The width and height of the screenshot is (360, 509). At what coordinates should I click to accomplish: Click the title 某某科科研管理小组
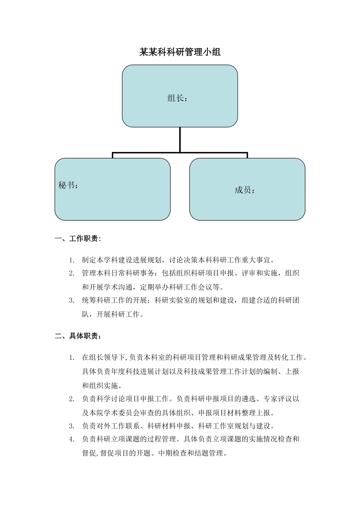coord(180,52)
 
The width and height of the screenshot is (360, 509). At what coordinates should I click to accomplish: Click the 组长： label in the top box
coord(178,98)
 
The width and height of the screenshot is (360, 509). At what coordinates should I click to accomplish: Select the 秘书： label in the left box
coord(69,185)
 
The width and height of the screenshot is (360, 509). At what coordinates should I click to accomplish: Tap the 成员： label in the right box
coord(245,190)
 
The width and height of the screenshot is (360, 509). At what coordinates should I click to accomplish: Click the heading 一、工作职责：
coord(78,239)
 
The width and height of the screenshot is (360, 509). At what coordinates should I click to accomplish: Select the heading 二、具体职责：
coord(78,336)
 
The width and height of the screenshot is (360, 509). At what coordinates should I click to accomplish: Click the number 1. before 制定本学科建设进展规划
coord(72,260)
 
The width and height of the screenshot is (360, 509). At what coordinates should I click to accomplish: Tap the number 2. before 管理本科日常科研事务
coord(72,273)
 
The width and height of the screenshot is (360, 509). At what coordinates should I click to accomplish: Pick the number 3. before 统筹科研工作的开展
coord(72,301)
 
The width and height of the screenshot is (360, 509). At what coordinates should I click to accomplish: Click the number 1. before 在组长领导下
coord(72,358)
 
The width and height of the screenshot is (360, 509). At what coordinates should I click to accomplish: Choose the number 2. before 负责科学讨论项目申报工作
coord(72,399)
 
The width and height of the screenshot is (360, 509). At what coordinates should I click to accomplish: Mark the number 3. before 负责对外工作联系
coord(72,426)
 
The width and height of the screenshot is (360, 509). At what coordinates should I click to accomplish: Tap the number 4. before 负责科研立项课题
coord(72,439)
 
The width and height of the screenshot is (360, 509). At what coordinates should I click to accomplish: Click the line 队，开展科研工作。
coord(113,314)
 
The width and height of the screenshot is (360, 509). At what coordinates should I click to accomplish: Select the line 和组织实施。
coord(102,386)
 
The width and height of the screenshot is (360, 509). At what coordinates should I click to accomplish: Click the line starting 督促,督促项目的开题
coord(155,453)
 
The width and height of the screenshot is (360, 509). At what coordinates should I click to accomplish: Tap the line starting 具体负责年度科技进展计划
coord(191,372)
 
